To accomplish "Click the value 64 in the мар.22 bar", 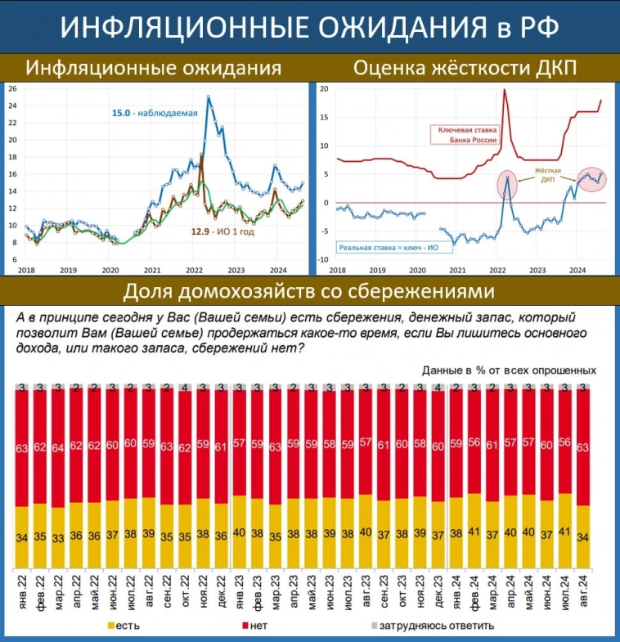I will (x=58, y=447).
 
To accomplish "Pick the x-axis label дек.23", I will (x=438, y=590).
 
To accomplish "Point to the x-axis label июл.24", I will (x=565, y=590).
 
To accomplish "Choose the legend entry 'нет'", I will (x=270, y=626).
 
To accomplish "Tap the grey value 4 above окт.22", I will (x=185, y=387).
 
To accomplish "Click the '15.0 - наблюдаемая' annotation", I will (x=155, y=113).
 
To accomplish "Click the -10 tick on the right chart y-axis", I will (x=321, y=260).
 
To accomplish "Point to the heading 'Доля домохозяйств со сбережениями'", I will (x=309, y=291).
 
